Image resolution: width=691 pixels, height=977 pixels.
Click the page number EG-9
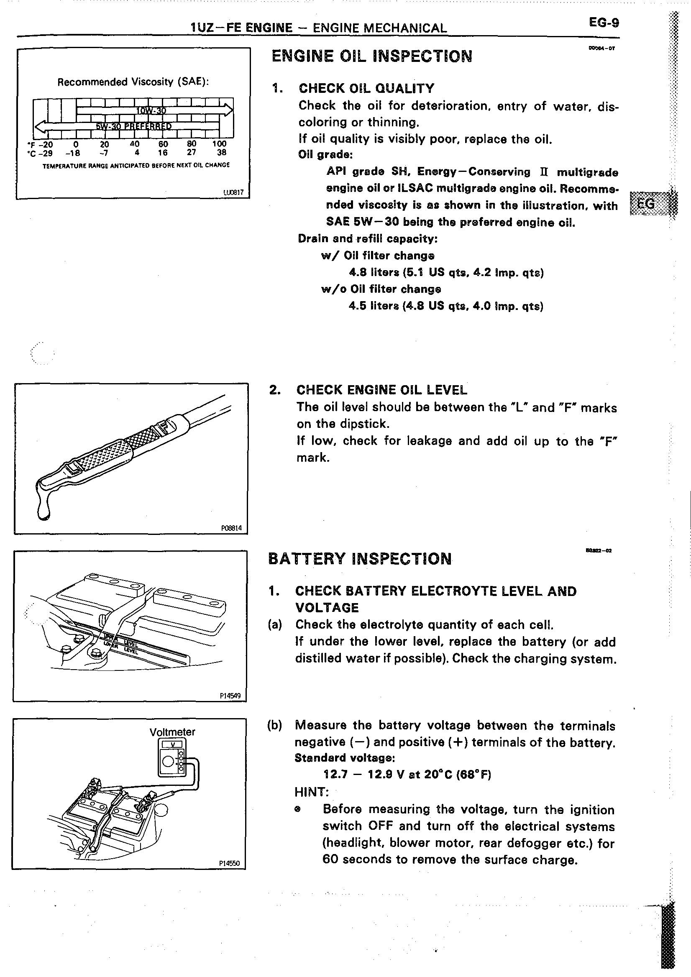pos(604,23)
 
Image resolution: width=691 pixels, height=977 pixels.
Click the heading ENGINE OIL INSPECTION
pos(372,56)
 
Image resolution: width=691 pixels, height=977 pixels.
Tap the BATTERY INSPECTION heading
pos(360,559)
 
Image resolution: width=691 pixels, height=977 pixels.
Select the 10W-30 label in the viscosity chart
pos(151,111)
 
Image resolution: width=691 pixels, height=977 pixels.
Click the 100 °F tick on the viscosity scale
pos(219,144)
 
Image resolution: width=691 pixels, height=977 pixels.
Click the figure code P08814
pos(231,528)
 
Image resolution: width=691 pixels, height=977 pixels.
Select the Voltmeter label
pos(172,732)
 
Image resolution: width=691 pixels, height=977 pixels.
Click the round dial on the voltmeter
pos(168,762)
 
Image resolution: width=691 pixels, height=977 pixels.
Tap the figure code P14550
pos(229,863)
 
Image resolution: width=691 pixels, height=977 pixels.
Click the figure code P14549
pos(230,696)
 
